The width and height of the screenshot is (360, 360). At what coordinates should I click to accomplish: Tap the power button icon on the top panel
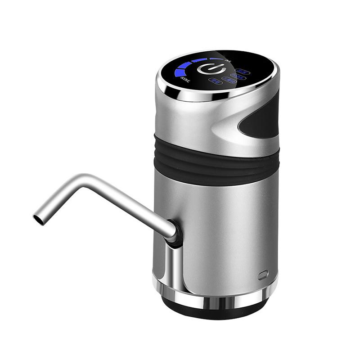point(210,69)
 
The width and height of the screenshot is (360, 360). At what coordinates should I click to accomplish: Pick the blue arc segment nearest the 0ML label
point(216,58)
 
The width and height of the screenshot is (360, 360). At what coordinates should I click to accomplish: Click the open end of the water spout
point(38,219)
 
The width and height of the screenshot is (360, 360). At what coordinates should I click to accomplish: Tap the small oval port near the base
point(263,274)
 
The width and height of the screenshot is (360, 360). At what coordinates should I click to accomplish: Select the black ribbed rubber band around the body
point(216,160)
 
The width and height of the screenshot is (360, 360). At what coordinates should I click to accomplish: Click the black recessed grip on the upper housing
point(261,119)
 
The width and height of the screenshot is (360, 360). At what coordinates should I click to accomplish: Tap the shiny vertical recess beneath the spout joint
point(173,265)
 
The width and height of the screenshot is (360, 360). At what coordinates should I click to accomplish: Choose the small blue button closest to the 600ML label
point(216,81)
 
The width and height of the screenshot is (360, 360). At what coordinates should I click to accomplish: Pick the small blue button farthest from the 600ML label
point(243,71)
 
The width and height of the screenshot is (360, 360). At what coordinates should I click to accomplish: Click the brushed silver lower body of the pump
point(225,225)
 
